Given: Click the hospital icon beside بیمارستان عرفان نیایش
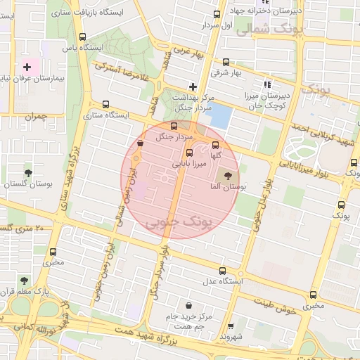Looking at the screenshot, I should [x=27, y=67].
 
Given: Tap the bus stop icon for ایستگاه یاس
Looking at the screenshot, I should [x=83, y=37].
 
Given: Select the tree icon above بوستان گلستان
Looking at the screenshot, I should [x=28, y=172].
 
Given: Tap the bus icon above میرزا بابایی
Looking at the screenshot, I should [x=189, y=153].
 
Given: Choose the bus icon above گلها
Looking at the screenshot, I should [x=216, y=145].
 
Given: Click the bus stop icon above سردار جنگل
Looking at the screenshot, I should [x=174, y=126].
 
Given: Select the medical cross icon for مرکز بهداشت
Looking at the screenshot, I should [x=193, y=86].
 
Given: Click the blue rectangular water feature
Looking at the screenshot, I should [x=221, y=116].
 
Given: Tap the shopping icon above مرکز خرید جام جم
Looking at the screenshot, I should [x=189, y=305].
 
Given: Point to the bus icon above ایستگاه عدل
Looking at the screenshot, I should [x=224, y=271].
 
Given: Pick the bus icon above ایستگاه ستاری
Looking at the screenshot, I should [x=106, y=103].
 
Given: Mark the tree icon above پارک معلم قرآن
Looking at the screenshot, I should [x=25, y=280].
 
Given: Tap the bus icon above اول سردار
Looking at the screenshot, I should [x=217, y=15].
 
